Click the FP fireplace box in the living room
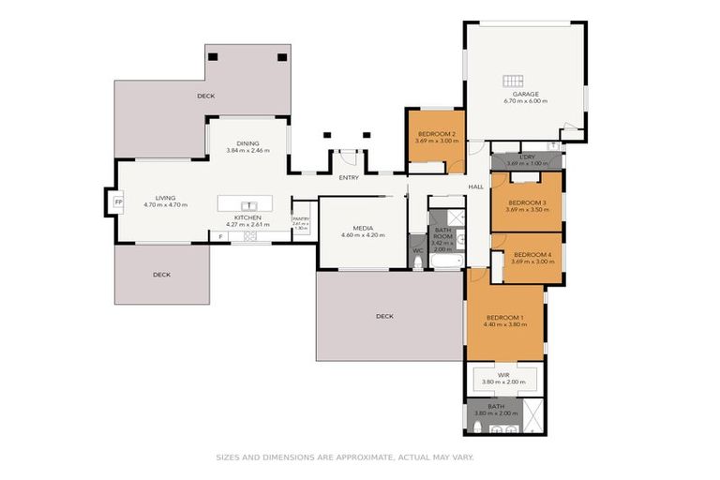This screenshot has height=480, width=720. tap(118, 202)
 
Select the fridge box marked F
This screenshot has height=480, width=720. tap(221, 237)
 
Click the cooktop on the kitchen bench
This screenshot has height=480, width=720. tap(250, 237)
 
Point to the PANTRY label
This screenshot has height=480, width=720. tap(300, 218)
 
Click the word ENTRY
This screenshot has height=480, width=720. tap(349, 177)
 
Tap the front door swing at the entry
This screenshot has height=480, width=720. tap(349, 157)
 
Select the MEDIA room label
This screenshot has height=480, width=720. tap(364, 228)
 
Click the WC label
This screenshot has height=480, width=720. tap(417, 250)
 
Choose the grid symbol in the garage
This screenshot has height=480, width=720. tap(513, 81)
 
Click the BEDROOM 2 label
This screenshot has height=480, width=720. tap(436, 134)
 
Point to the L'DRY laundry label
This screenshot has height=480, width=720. tap(527, 157)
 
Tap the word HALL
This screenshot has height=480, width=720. tap(476, 187)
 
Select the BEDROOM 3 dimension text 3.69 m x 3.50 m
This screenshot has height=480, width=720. tap(527, 210)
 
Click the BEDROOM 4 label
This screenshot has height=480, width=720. tap(532, 254)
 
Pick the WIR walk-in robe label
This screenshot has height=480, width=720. tap(504, 375)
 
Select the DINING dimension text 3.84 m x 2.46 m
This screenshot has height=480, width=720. tap(247, 150)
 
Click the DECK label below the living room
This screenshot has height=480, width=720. tap(162, 275)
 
